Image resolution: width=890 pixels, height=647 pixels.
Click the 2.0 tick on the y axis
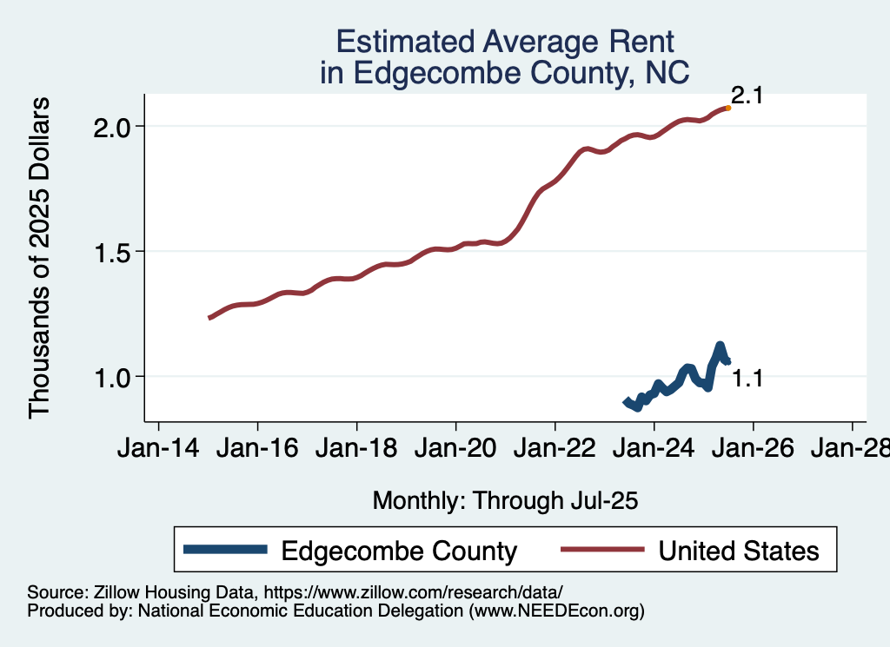pos(110,127)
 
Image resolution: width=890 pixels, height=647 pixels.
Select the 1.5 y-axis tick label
pos(110,252)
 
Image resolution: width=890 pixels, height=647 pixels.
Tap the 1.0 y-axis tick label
pos(110,377)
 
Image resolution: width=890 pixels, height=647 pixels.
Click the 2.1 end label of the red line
pos(747,96)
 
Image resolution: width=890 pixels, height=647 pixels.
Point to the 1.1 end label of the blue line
pos(747,378)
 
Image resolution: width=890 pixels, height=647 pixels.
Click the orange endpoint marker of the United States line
pos(727,108)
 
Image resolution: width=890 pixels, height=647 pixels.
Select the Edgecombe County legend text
pos(399,551)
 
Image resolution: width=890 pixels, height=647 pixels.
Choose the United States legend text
pos(739,551)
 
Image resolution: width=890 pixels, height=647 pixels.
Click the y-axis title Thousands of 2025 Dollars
pos(40,258)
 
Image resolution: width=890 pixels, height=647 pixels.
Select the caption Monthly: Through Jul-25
pos(505,501)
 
